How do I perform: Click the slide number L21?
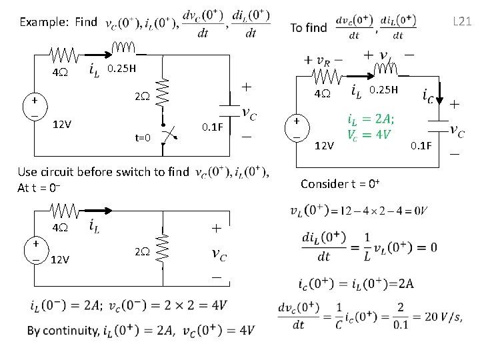463,21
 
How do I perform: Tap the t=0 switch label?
143,138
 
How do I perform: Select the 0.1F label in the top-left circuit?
212,127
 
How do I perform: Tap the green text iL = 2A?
371,119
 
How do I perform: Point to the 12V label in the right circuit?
324,145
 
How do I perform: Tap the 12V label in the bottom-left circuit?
61,259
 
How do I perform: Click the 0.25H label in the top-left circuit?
122,68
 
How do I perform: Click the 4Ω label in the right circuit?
323,94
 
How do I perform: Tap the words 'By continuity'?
61,331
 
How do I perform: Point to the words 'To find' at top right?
309,27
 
